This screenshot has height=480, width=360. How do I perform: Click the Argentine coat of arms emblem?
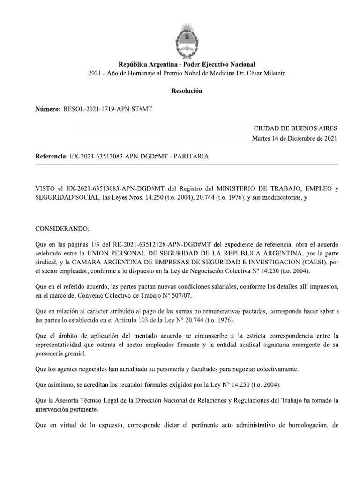(187, 37)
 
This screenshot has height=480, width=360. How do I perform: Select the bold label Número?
(48, 109)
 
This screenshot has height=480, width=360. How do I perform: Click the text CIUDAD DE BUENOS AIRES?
(295, 128)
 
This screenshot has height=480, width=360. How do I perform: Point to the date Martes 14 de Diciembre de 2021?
(294, 138)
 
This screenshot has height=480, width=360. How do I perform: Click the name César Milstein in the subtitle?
(265, 73)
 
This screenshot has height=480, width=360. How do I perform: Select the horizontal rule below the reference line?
(187, 165)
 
